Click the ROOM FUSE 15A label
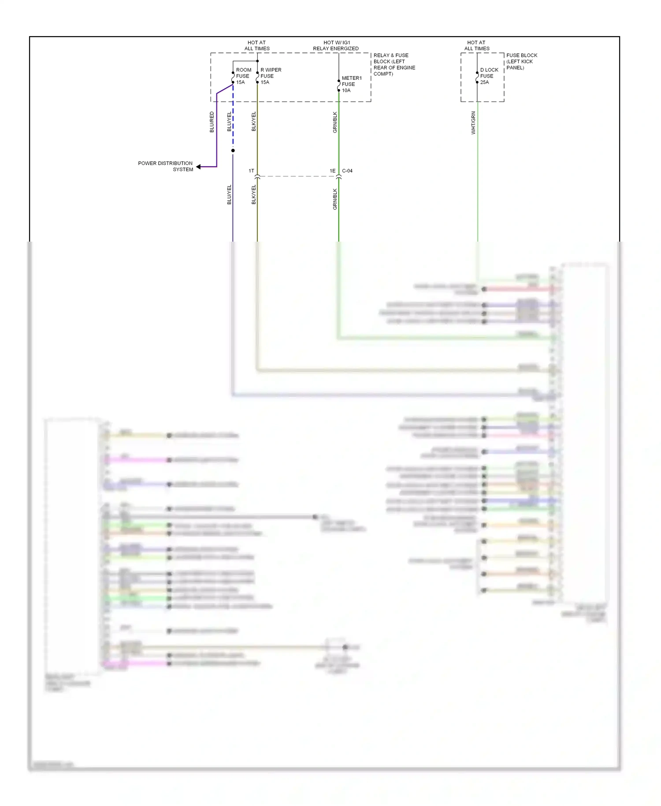(x=243, y=76)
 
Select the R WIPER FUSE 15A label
(x=270, y=76)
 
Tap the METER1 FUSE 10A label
(x=351, y=84)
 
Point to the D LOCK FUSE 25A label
(x=489, y=76)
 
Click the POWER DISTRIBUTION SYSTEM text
(x=165, y=166)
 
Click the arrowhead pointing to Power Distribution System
(x=199, y=167)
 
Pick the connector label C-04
(x=347, y=171)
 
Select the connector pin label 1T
(x=251, y=171)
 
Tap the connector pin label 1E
(x=333, y=171)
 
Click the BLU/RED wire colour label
(x=212, y=122)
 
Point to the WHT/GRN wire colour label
(x=473, y=123)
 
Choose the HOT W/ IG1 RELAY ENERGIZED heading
(x=336, y=45)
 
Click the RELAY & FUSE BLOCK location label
(x=394, y=64)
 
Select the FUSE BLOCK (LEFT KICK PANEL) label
(x=521, y=61)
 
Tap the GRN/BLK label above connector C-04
(x=335, y=122)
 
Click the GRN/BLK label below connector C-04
(x=335, y=199)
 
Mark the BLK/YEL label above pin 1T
(x=254, y=122)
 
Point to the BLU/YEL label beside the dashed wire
(x=229, y=122)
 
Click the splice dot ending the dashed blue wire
(x=233, y=151)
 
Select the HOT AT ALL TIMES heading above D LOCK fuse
(x=476, y=45)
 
